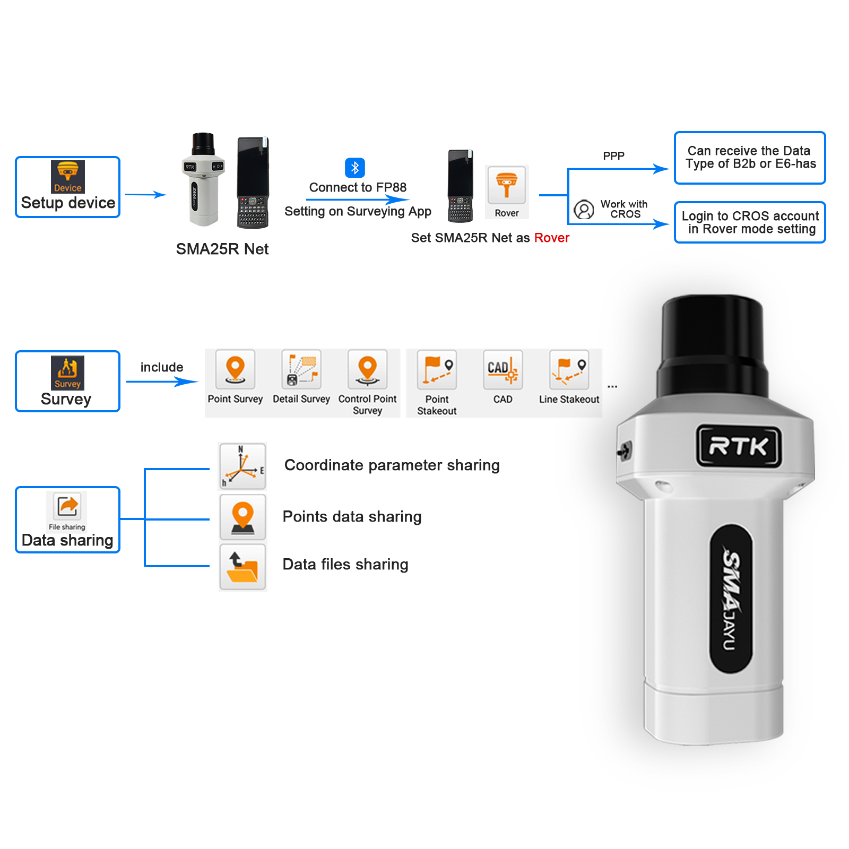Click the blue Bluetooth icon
point(355,168)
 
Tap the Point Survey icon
point(235,369)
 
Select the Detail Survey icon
point(301,369)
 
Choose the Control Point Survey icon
point(367,369)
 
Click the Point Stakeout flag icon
point(437,369)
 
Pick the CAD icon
point(503,369)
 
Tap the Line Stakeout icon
point(569,369)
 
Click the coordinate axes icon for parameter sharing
point(242,466)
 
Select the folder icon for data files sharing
point(242,567)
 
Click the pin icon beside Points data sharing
point(242,517)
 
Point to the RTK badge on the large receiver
point(739,446)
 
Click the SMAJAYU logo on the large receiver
point(731,599)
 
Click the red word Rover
point(551,238)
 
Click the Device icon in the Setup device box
point(67,177)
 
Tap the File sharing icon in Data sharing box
point(67,507)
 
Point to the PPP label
point(613,156)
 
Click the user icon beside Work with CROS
point(584,210)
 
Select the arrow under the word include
point(162,382)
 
